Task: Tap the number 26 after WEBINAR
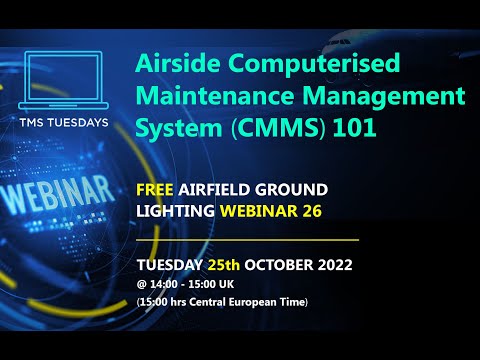pos(303,213)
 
